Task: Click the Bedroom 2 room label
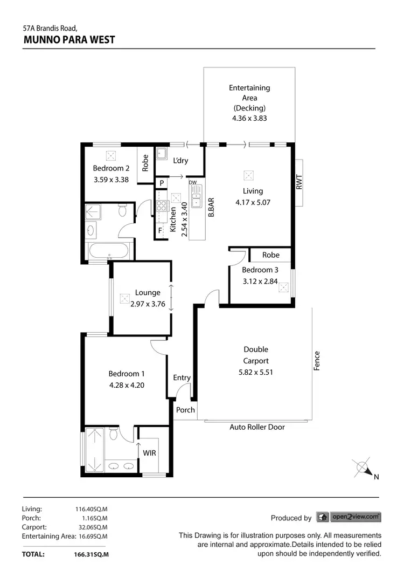point(111,168)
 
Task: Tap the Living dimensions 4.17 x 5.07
point(253,203)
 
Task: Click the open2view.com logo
point(349,517)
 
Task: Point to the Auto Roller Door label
point(257,427)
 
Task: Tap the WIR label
point(149,453)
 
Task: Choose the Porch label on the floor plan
point(186,410)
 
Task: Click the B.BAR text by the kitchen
point(212,207)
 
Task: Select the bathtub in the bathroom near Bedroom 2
point(109,251)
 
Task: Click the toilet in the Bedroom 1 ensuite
point(114,434)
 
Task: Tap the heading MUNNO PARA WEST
point(69,39)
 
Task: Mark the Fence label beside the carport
point(317,361)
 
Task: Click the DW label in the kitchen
point(193,183)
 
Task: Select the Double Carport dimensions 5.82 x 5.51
point(255,372)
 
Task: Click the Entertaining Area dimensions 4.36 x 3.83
point(249,119)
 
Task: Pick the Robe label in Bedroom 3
point(271,255)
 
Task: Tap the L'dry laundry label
point(180,160)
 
